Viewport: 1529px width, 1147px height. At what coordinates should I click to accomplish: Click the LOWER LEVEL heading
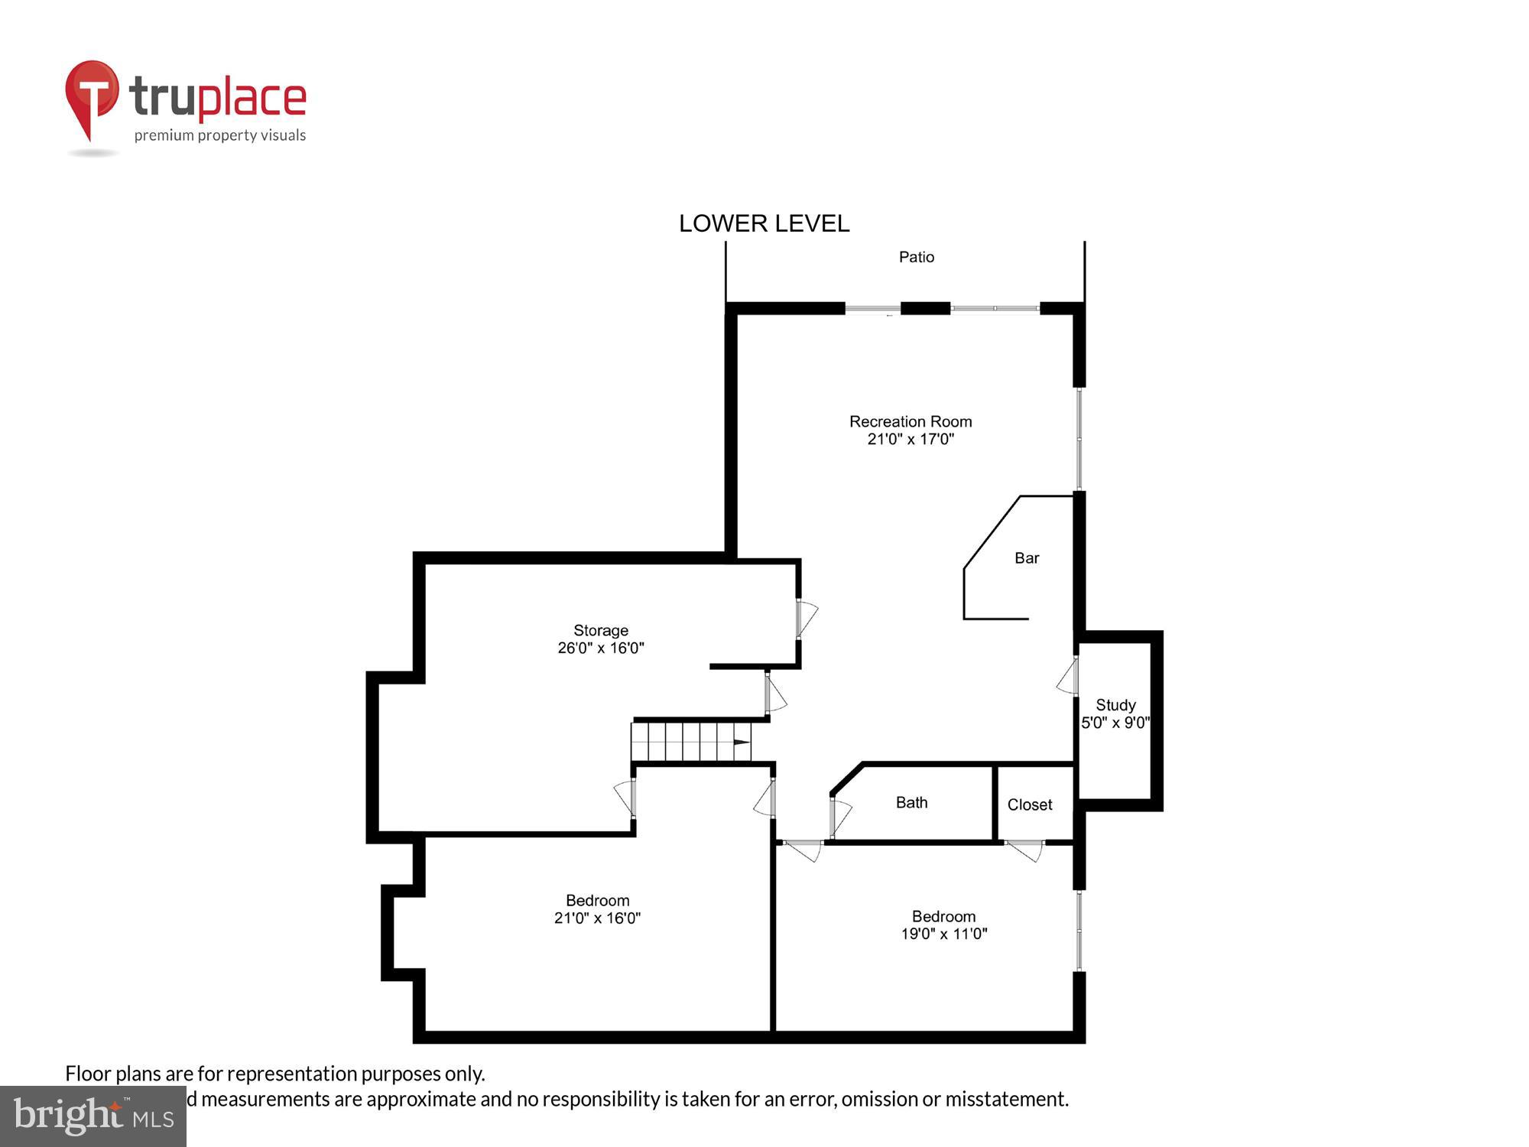764,223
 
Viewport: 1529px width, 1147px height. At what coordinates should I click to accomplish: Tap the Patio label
916,257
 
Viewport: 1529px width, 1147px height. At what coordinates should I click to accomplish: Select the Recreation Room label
911,421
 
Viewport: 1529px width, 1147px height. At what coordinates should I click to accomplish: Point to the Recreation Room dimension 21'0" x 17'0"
911,439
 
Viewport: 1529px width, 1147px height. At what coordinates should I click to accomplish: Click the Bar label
1027,558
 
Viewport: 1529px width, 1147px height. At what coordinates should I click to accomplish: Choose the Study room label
1115,705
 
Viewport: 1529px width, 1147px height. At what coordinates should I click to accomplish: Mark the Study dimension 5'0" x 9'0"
1115,723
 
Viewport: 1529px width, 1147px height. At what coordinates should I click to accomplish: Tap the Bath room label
911,802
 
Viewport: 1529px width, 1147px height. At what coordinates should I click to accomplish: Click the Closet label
1030,804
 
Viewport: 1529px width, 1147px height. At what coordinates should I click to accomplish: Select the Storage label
601,630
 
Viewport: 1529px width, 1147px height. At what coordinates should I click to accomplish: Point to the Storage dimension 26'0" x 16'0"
601,648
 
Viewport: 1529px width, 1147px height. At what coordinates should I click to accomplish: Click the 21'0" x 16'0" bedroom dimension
597,918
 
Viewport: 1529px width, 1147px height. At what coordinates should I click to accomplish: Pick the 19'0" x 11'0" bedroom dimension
944,934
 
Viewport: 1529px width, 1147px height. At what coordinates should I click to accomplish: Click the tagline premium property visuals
220,135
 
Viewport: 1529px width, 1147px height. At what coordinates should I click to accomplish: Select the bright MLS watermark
93,1116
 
